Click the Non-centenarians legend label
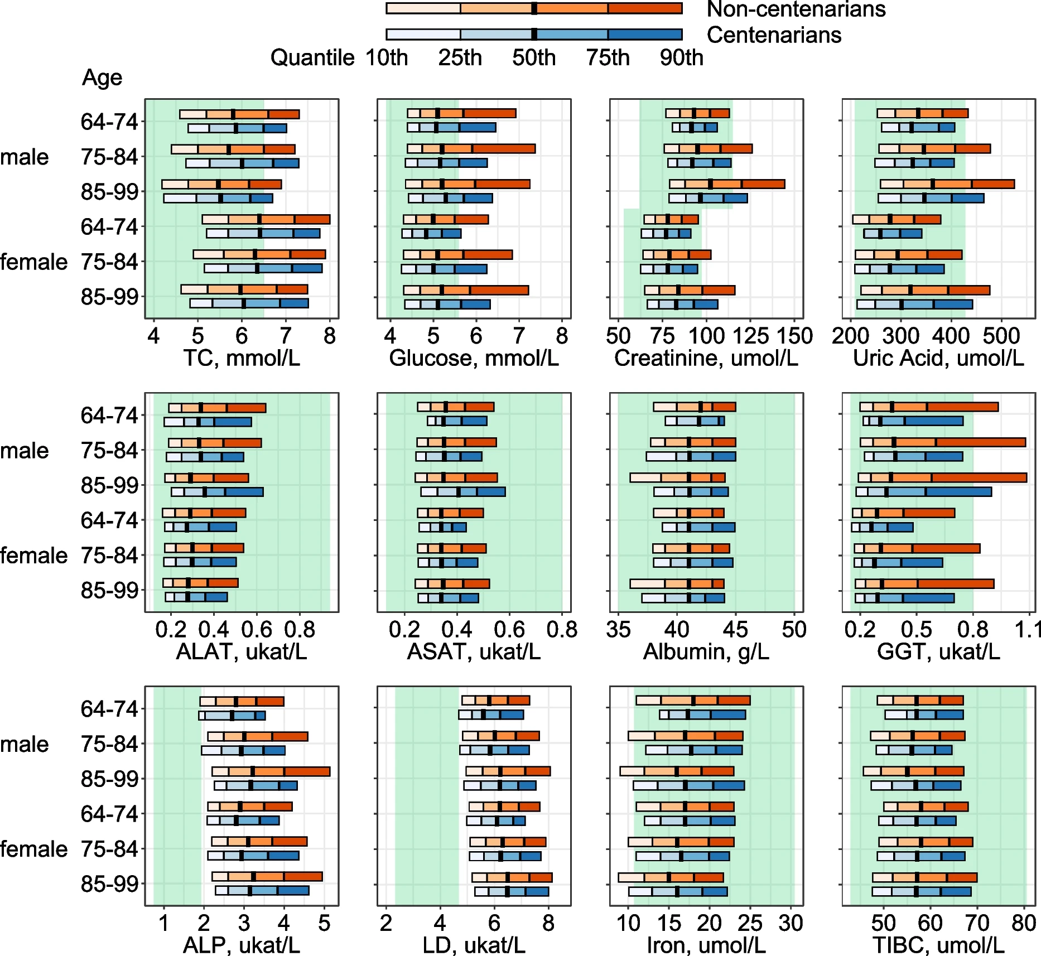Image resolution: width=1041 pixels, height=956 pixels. (x=796, y=9)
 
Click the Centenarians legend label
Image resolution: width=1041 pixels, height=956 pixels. (x=774, y=35)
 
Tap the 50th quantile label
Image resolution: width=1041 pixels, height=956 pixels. (x=534, y=57)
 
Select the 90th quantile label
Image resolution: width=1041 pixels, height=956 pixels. (x=681, y=57)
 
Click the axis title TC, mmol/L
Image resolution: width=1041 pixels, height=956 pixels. (x=242, y=358)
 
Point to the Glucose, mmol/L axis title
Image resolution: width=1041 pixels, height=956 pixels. (x=474, y=358)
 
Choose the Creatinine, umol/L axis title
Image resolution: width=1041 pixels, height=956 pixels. (x=706, y=358)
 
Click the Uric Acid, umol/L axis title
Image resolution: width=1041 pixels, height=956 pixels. (x=938, y=358)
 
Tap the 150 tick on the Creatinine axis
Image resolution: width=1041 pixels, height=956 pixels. (x=796, y=336)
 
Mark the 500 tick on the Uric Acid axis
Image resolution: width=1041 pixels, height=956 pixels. (x=1001, y=336)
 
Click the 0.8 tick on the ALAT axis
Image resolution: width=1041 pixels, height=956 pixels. (x=300, y=630)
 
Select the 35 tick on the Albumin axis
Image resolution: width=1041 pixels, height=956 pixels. (x=618, y=630)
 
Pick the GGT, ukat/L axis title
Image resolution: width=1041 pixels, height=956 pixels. (x=938, y=651)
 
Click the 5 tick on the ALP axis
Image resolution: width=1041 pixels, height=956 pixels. (x=324, y=923)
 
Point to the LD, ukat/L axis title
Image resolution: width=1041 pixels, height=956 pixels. (x=474, y=945)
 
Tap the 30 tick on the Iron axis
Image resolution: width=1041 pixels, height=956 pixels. (x=791, y=923)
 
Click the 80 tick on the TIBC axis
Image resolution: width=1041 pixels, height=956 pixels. (x=1024, y=923)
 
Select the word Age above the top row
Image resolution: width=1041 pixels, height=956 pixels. (x=102, y=78)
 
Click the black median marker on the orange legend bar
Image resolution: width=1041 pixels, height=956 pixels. (x=534, y=8)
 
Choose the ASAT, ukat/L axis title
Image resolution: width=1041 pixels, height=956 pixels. (x=474, y=651)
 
